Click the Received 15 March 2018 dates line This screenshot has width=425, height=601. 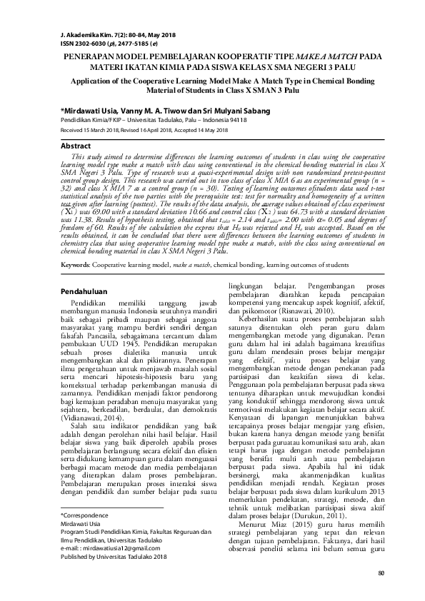pyautogui.click(x=143, y=131)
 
